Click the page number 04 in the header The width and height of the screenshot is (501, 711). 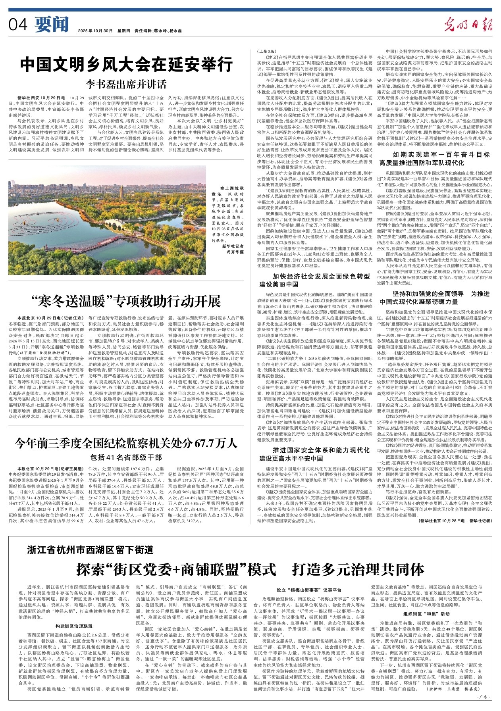click(x=18, y=25)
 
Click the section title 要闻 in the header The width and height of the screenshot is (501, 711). click(x=52, y=24)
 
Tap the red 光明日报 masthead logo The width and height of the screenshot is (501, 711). click(x=468, y=25)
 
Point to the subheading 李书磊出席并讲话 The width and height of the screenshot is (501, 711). click(x=126, y=84)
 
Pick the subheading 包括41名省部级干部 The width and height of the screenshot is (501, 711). click(x=126, y=457)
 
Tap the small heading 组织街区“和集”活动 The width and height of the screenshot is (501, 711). click(x=432, y=613)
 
